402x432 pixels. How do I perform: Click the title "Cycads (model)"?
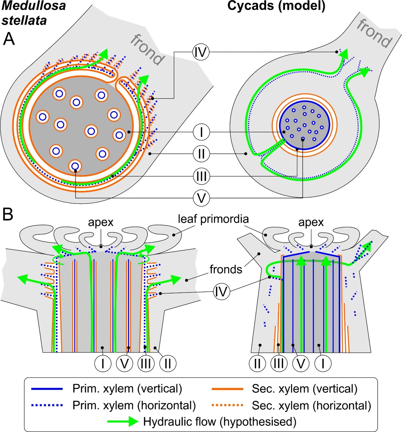tap(276, 6)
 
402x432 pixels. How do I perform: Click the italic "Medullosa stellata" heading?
tap(33, 13)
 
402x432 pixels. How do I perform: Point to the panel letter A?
tap(9, 39)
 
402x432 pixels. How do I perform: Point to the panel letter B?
tap(8, 214)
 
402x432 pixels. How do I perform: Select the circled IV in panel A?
tap(201, 52)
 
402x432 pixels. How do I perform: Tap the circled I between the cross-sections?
tap(201, 132)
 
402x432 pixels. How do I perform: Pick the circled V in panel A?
tap(201, 198)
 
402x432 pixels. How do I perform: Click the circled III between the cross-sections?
tap(201, 176)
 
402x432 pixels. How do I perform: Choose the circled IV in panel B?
tap(221, 291)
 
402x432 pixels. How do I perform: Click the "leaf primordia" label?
tap(213, 219)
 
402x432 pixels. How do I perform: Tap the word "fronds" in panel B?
tap(226, 269)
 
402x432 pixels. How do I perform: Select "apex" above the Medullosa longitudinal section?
tap(101, 222)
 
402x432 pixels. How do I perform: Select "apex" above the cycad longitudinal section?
tap(311, 222)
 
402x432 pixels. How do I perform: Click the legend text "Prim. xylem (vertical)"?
tap(127, 389)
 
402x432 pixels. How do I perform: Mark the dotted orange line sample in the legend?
tap(228, 405)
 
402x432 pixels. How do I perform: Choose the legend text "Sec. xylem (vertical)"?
tap(305, 389)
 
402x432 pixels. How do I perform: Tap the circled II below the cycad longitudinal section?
tap(257, 364)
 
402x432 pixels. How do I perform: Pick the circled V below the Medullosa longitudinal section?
tap(125, 364)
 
